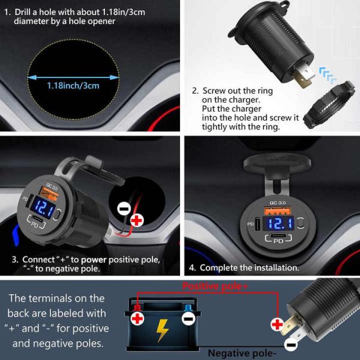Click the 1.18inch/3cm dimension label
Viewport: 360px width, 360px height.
73,85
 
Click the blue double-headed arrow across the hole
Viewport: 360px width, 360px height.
73,76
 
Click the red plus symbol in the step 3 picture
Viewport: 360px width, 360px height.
137,220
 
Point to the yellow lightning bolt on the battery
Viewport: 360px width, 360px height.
162,329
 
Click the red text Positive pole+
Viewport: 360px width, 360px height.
215,287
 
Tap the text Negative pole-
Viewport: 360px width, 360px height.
244,353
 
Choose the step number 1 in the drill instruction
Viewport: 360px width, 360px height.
7,11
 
